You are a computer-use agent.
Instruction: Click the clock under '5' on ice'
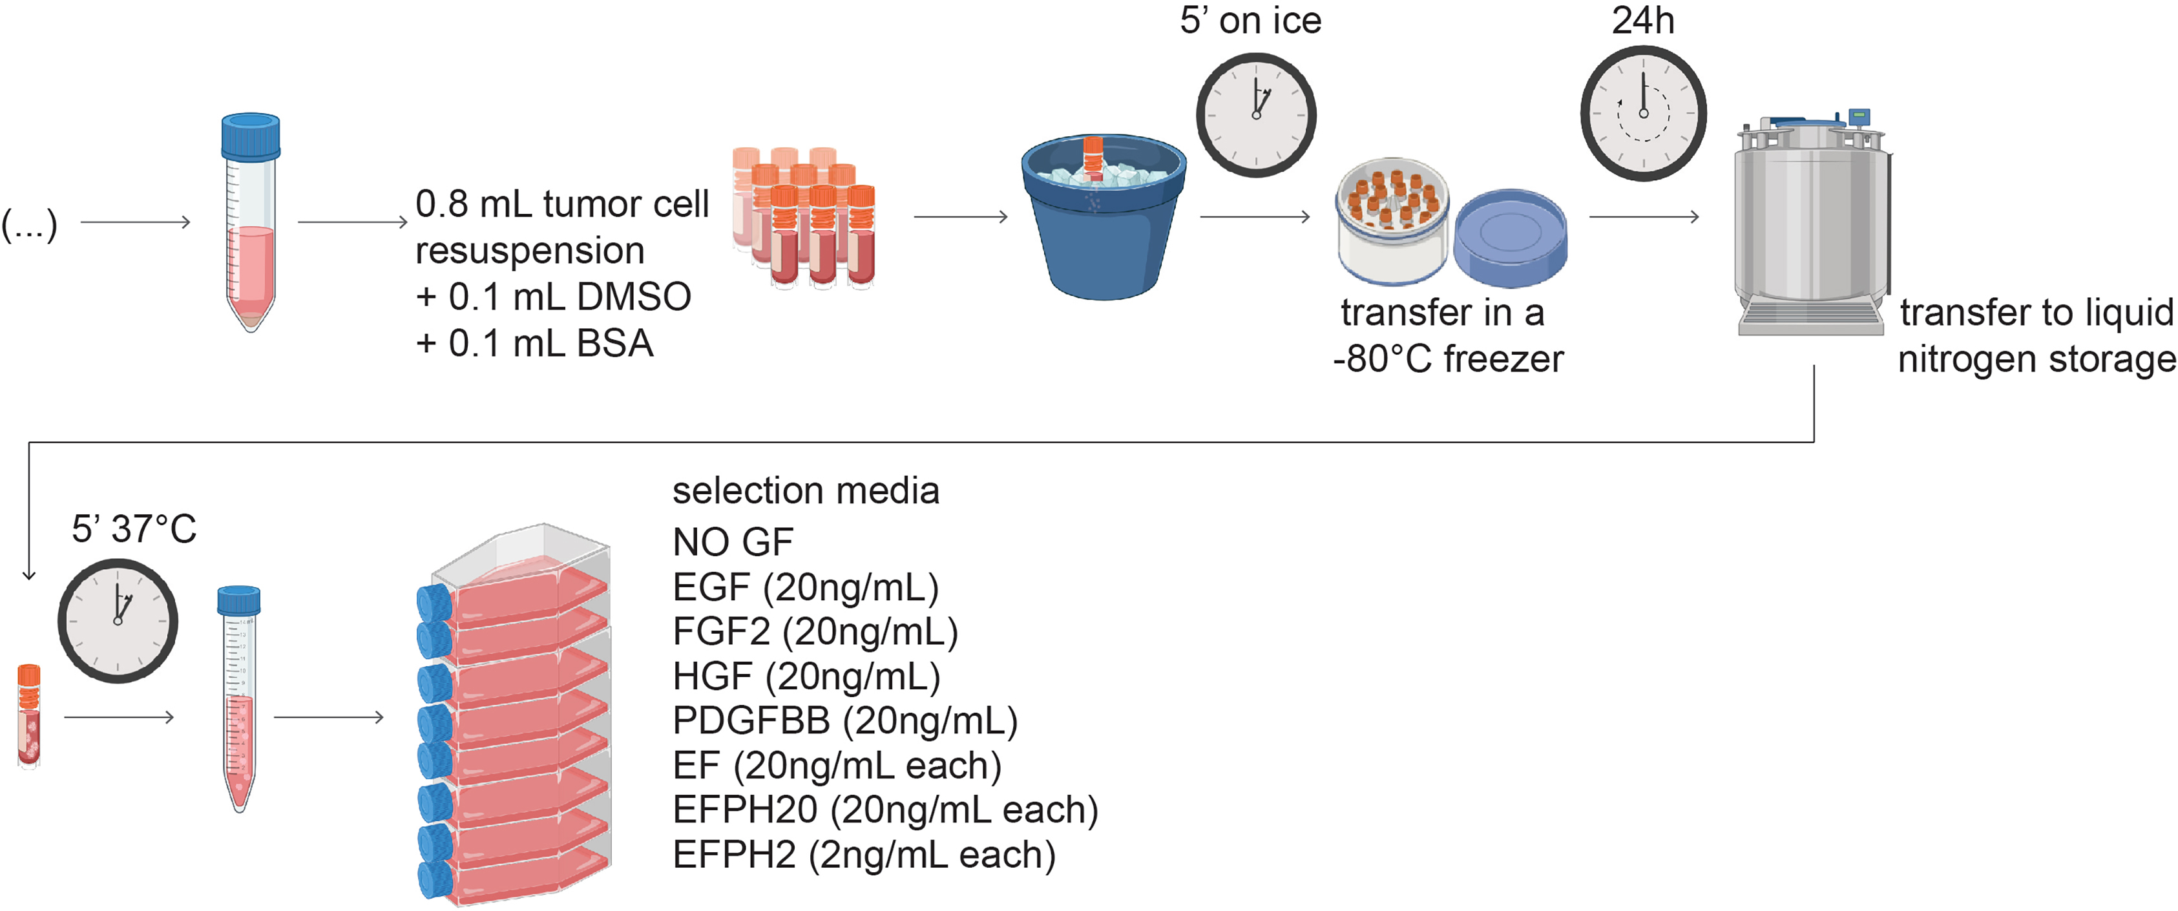click(x=1255, y=114)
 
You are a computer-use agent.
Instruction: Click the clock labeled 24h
click(x=1643, y=112)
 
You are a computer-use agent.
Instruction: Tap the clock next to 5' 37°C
click(x=118, y=620)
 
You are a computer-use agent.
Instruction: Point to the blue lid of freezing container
click(x=1510, y=238)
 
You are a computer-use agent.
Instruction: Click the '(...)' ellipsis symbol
click(x=30, y=225)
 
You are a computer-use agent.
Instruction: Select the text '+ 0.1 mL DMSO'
click(x=554, y=297)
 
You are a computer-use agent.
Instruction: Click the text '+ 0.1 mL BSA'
click(x=534, y=344)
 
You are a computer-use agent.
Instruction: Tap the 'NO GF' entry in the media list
click(x=732, y=542)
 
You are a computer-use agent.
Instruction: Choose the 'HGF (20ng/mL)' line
click(x=806, y=676)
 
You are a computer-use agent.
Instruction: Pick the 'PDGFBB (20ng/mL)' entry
click(x=844, y=720)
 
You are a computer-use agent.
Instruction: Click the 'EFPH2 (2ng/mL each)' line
click(x=863, y=855)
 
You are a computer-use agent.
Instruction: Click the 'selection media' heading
click(x=805, y=490)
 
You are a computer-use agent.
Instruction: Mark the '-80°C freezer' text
click(x=1447, y=359)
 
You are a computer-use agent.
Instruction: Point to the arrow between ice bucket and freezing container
click(x=1255, y=217)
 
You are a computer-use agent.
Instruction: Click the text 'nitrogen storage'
click(x=2036, y=359)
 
